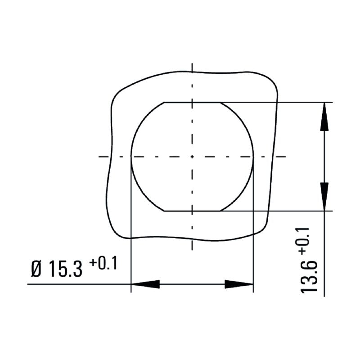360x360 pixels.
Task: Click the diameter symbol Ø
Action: tap(36, 270)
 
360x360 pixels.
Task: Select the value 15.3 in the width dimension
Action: tap(65, 270)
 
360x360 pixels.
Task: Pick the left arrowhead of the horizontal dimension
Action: tap(145, 284)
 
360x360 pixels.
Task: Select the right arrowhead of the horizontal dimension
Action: tap(239, 284)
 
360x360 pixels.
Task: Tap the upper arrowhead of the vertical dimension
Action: tap(324, 117)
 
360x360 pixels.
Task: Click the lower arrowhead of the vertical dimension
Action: tap(324, 196)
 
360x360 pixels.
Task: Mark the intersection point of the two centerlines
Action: tap(192, 157)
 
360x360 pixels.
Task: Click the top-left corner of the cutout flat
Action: tap(164, 102)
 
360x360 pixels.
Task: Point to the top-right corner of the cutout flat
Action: tap(220, 102)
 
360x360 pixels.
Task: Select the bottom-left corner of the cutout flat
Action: tap(164, 211)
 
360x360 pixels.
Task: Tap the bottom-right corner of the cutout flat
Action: tap(220, 211)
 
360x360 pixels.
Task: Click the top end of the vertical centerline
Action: tap(192, 63)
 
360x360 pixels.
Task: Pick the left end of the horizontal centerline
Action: tap(99, 157)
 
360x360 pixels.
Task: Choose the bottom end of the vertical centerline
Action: tap(192, 250)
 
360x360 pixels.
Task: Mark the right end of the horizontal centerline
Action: tap(286, 157)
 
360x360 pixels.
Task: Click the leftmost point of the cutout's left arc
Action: tap(131, 157)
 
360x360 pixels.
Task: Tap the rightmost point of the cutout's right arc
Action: tap(253, 157)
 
